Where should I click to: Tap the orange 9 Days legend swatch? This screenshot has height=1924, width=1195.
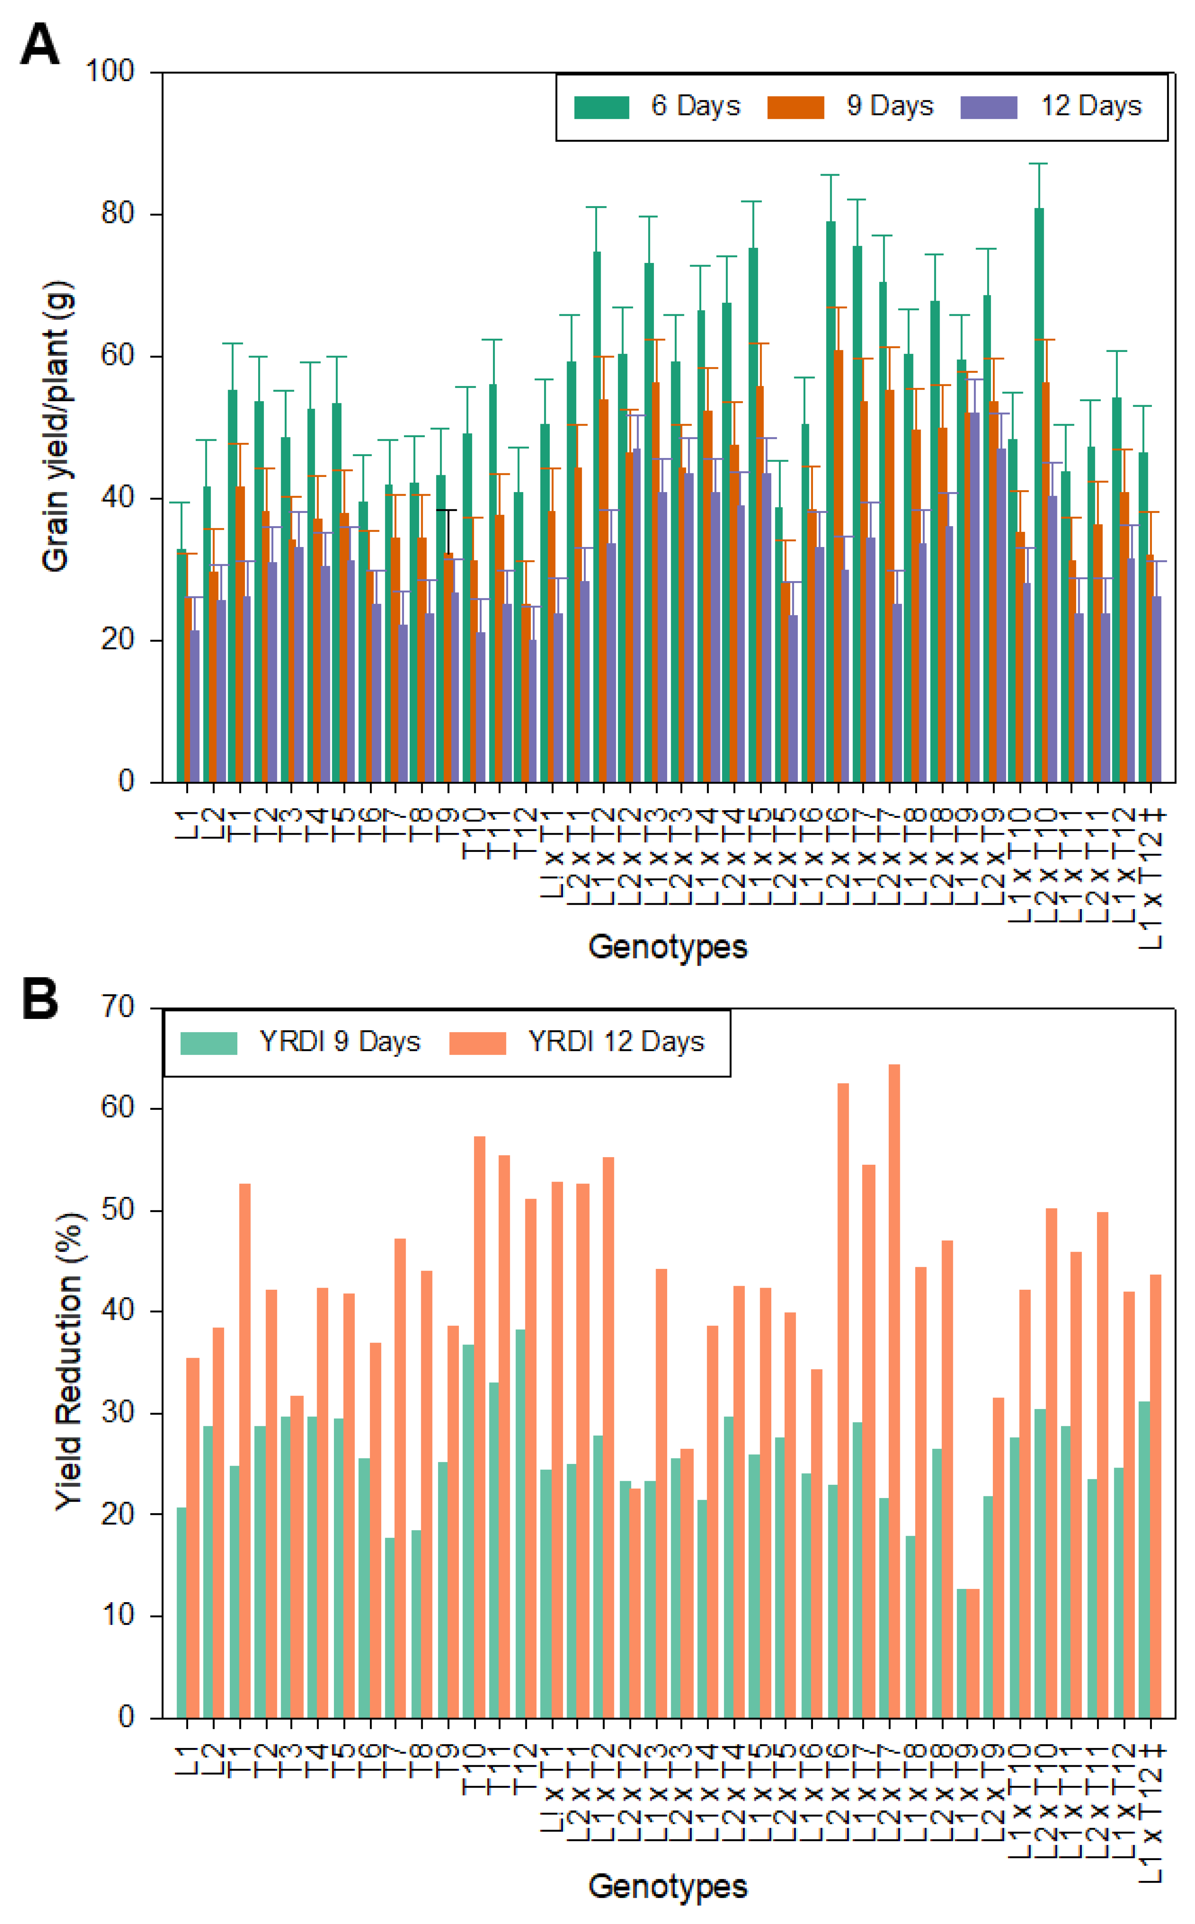pos(795,107)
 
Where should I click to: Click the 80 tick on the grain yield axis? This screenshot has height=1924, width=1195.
pos(117,213)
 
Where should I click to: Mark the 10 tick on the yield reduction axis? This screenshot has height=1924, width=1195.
pos(117,1616)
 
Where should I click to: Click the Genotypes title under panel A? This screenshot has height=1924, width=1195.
pos(668,946)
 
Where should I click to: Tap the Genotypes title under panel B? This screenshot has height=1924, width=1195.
pos(668,1885)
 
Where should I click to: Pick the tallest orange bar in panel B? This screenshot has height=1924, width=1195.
pos(894,1391)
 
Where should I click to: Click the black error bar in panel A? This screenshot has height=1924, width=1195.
pos(447,531)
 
